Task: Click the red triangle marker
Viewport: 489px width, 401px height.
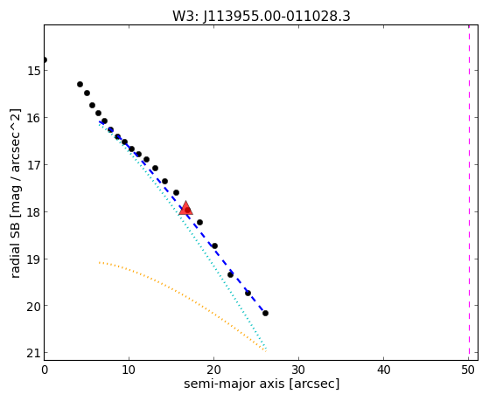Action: point(185,208)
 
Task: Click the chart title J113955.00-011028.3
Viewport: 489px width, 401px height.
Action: point(276,17)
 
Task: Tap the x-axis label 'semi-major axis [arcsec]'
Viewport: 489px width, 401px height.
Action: point(262,384)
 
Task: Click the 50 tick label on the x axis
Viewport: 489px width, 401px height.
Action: point(468,370)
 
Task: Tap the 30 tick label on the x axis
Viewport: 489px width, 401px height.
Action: point(299,370)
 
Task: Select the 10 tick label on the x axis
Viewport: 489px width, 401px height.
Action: point(129,370)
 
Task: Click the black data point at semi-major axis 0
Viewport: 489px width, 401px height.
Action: point(45,59)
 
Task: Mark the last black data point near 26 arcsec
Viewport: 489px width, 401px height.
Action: point(265,313)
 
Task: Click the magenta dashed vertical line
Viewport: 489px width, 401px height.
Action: point(469,192)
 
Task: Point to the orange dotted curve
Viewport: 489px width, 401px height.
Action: point(175,289)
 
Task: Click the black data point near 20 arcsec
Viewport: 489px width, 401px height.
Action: point(214,245)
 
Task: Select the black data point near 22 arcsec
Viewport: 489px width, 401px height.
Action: point(230,275)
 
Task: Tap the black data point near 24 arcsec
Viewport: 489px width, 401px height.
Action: point(248,294)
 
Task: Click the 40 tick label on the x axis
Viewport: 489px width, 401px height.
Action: point(384,370)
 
